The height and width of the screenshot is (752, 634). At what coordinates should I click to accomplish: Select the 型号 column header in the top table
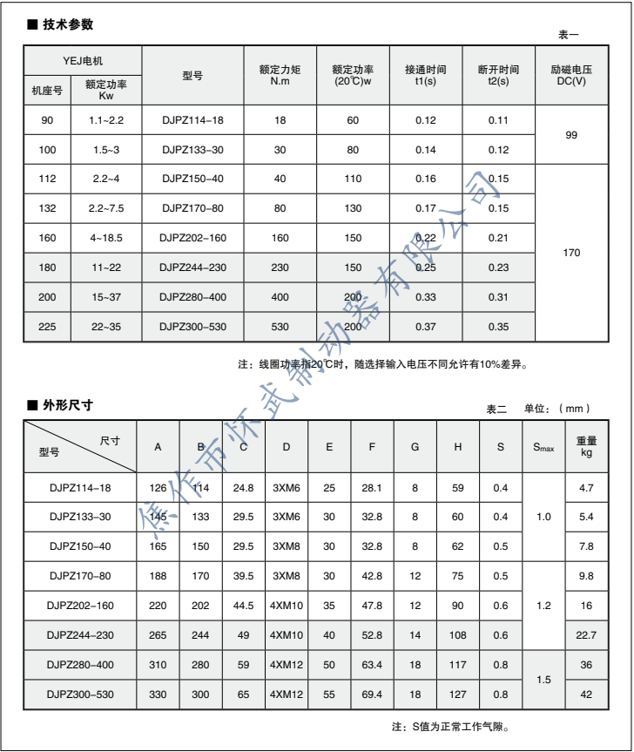point(192,76)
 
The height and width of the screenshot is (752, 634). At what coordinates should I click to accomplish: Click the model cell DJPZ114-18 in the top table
point(192,120)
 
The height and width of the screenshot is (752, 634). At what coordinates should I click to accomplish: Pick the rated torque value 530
point(280,326)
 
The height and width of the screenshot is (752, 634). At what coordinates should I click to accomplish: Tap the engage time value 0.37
point(425,326)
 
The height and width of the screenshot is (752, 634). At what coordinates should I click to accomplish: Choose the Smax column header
point(543,447)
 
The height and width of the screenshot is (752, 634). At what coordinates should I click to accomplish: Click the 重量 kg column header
point(586,447)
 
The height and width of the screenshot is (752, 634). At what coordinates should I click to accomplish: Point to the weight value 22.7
point(586,634)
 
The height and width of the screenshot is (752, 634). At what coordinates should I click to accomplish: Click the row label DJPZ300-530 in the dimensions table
point(80,694)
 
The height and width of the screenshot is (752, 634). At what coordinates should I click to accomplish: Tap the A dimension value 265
point(158,634)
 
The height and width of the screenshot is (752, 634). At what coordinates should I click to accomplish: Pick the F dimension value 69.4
point(372,694)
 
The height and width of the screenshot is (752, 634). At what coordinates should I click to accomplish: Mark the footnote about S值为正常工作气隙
point(452,726)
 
